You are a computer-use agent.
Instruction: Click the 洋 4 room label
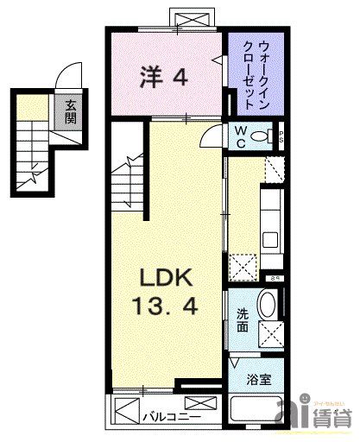click(164, 77)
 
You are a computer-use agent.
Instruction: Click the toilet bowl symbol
click(272, 135)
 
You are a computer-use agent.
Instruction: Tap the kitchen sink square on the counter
click(268, 237)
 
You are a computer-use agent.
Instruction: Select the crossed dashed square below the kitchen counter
click(244, 265)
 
